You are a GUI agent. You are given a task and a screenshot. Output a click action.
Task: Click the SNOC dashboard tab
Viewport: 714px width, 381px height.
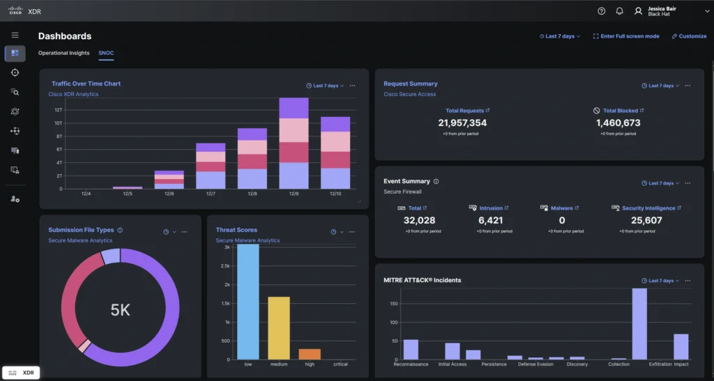[106, 53]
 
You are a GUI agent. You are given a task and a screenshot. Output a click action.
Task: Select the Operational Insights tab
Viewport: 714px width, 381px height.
[63, 53]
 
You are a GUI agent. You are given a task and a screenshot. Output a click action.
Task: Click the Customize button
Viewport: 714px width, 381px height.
[689, 36]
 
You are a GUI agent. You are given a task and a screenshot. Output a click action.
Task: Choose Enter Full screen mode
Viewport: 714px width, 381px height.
[625, 36]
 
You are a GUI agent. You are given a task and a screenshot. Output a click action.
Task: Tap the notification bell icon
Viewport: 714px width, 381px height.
[619, 11]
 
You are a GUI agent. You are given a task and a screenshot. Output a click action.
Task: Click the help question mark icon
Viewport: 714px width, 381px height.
[602, 11]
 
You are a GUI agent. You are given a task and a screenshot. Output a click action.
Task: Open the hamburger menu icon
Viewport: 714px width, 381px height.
[15, 35]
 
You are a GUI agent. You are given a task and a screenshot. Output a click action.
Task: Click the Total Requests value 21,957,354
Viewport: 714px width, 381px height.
[462, 123]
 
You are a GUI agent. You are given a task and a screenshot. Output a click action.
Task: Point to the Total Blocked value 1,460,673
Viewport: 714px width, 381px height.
[618, 123]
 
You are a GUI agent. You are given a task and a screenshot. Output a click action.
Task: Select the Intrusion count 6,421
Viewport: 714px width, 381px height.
[491, 220]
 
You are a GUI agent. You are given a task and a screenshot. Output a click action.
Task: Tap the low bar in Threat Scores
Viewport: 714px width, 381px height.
[248, 303]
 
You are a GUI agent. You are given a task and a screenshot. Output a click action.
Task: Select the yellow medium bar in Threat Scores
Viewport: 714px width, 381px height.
[279, 327]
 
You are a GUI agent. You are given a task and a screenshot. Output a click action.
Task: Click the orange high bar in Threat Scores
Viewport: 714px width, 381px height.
[310, 354]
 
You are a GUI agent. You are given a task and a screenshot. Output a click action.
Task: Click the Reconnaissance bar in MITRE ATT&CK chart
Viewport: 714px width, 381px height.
[411, 349]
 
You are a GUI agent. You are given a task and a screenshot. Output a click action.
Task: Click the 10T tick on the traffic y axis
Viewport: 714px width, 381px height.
[59, 123]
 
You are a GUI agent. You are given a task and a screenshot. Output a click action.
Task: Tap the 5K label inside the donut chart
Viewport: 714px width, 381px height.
[121, 310]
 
